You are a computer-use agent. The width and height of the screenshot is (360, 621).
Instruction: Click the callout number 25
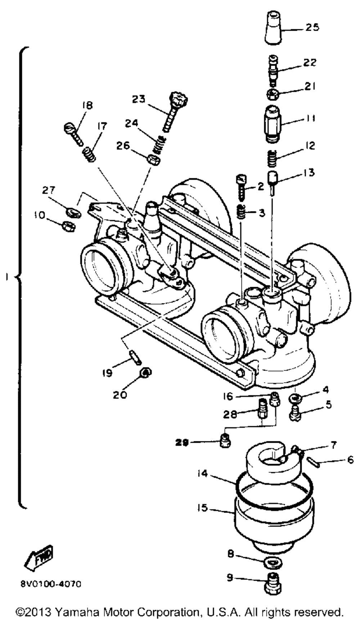tap(312, 27)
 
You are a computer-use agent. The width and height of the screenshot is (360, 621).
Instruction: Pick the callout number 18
tap(87, 105)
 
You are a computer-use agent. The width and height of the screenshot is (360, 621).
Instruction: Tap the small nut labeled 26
tap(153, 159)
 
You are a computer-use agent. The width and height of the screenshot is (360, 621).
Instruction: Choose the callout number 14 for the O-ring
tap(203, 474)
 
